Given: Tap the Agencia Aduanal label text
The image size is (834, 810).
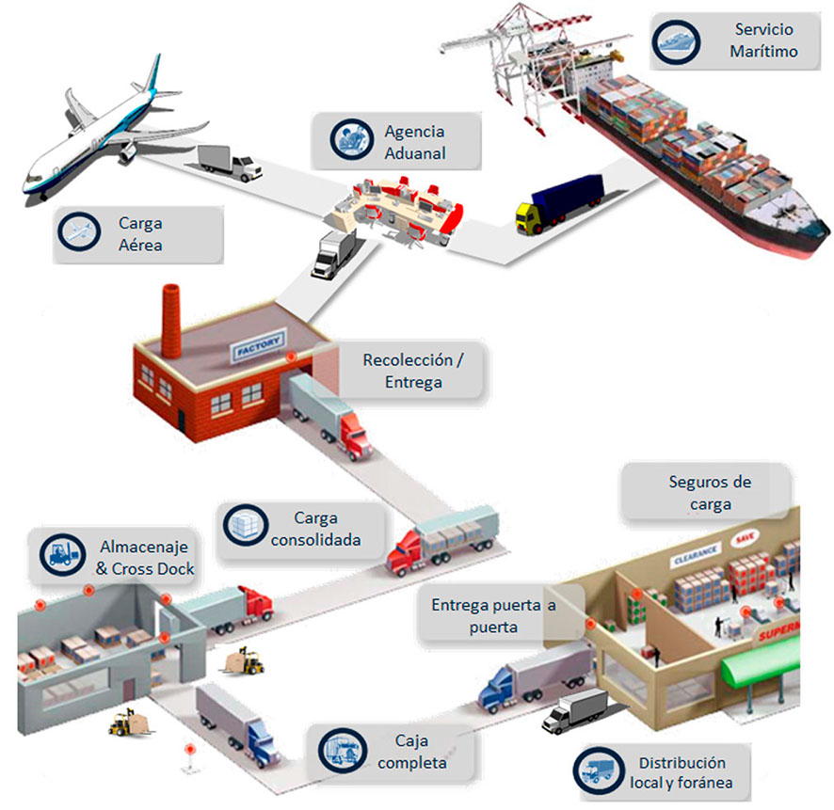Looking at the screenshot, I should point(414,142).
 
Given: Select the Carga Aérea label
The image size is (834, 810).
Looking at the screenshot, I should point(140,234).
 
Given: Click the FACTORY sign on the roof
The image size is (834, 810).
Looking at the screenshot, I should point(256,349).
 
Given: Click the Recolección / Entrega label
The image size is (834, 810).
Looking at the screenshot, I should point(412,371).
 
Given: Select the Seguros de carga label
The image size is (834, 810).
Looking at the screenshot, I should point(709,492).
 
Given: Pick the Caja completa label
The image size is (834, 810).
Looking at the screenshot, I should point(411,752).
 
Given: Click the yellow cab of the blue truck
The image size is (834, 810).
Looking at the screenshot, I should point(529,217).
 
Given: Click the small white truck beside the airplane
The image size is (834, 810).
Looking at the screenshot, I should point(230,162).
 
